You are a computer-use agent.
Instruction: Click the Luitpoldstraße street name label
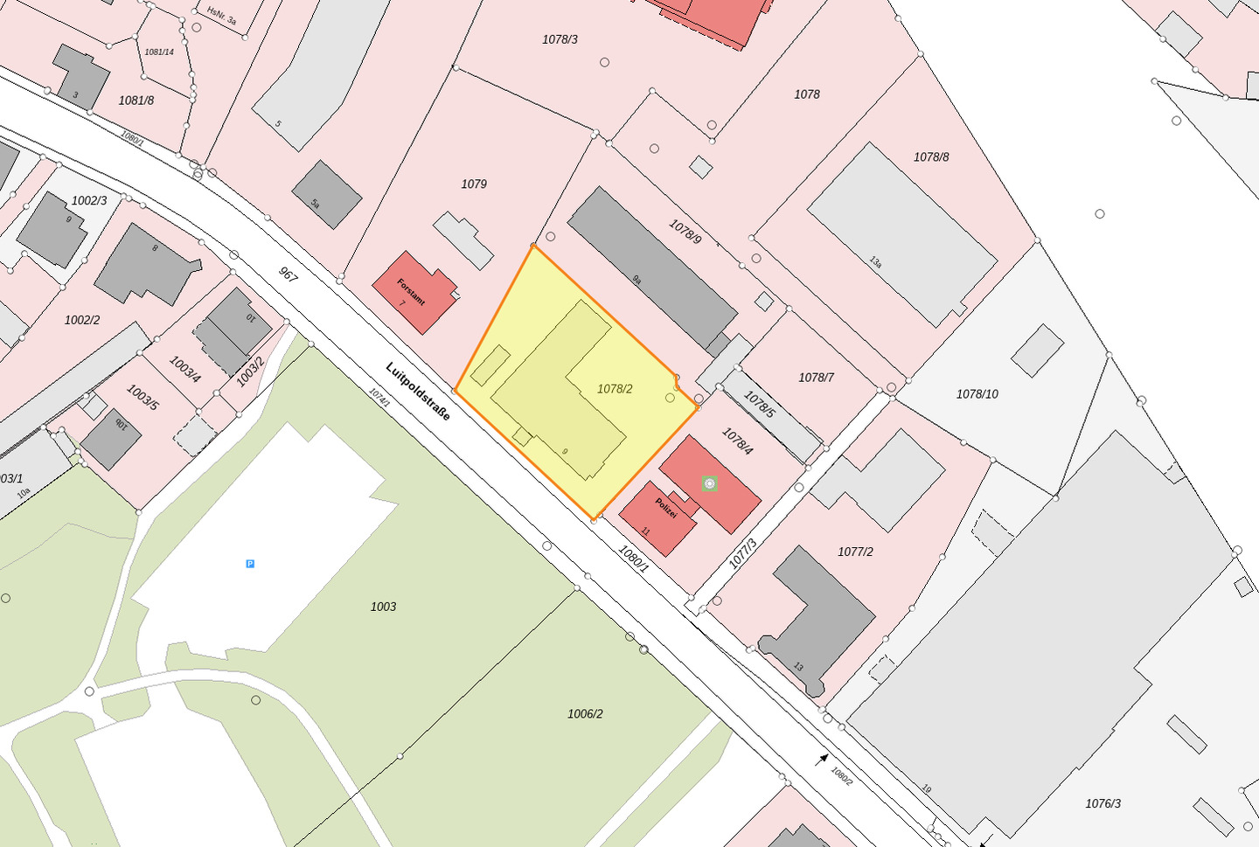coord(418,392)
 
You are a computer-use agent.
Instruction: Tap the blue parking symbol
coord(250,564)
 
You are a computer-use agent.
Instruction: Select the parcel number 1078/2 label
coord(615,389)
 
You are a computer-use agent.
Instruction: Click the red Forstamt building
coord(414,292)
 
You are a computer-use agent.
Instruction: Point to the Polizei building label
coord(666,508)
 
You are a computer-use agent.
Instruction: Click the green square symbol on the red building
coord(709,483)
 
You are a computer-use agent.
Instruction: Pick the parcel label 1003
coord(383,607)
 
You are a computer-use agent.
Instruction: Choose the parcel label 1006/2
coord(585,714)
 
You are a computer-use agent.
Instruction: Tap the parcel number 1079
coord(474,184)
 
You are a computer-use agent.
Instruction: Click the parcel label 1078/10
coord(977,394)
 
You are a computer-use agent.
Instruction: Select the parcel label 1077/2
coord(855,552)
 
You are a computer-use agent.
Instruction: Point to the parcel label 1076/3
coord(1102,803)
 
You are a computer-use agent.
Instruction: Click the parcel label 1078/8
coord(931,157)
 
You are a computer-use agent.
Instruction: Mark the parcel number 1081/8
coord(136,101)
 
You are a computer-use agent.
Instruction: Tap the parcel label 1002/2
coord(82,320)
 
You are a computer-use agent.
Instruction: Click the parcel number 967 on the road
coord(289,274)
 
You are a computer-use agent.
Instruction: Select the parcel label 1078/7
coord(816,378)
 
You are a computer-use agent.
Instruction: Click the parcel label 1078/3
coord(560,39)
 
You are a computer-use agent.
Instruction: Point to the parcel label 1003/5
coord(143,398)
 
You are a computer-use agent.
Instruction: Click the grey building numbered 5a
coord(326,195)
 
